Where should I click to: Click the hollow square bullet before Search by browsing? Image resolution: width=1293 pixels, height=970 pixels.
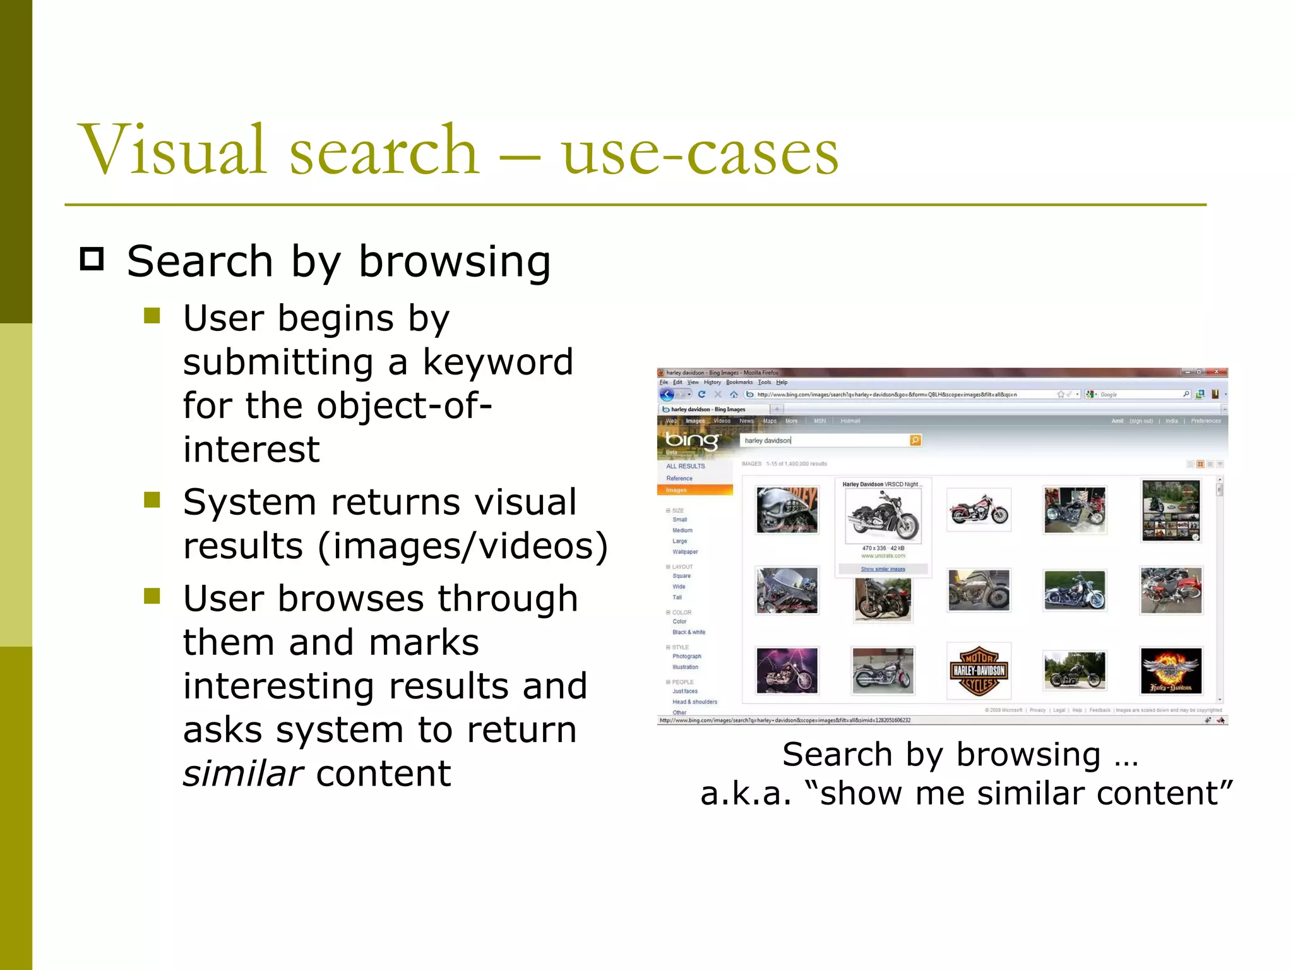click(x=92, y=259)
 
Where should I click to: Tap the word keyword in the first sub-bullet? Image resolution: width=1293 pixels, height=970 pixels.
click(x=498, y=362)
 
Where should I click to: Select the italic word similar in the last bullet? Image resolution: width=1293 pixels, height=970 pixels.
click(x=243, y=774)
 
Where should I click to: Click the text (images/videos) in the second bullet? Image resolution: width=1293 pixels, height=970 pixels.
click(x=463, y=546)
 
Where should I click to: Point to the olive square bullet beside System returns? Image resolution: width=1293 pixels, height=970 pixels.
click(x=152, y=500)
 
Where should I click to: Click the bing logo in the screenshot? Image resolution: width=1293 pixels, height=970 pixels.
click(x=692, y=440)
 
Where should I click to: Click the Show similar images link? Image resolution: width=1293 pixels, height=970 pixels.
click(x=883, y=569)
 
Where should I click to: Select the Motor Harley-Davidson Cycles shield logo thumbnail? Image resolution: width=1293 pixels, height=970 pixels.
click(x=979, y=671)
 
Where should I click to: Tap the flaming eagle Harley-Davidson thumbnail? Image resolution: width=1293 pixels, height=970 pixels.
click(x=1171, y=671)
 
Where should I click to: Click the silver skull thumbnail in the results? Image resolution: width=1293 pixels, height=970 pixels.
click(x=787, y=510)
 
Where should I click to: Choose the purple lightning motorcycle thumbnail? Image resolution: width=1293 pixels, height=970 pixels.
click(x=787, y=671)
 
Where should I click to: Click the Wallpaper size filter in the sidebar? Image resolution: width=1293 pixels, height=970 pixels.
click(x=685, y=552)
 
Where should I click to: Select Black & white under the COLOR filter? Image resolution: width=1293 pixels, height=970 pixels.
click(x=689, y=632)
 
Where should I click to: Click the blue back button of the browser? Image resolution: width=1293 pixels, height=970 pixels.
click(x=667, y=395)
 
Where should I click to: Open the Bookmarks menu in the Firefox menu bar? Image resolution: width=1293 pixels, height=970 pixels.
click(x=739, y=382)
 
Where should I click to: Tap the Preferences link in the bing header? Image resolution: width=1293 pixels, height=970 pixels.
click(x=1206, y=421)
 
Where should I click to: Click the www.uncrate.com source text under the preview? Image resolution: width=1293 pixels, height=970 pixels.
click(x=883, y=556)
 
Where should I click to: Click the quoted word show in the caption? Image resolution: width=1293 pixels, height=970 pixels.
click(x=862, y=794)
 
